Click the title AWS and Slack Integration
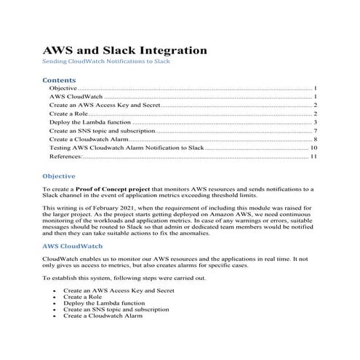125,51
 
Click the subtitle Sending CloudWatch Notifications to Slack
106,63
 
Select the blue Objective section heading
59,176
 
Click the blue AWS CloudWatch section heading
71,247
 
